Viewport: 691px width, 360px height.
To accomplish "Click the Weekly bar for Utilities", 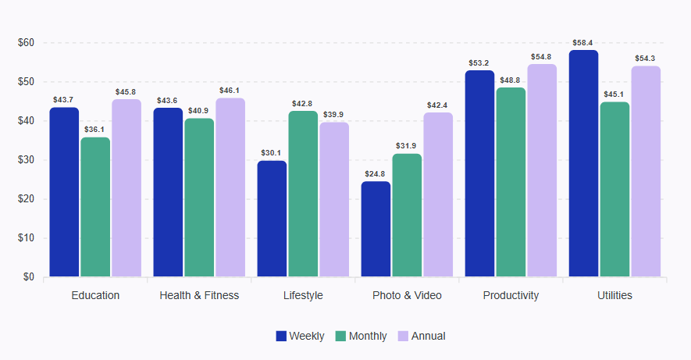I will pos(583,163).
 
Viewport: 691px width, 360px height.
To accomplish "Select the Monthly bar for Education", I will pos(95,207).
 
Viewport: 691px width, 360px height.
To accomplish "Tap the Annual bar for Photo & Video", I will pos(438,194).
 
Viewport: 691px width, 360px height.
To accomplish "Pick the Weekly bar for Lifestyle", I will pos(272,219).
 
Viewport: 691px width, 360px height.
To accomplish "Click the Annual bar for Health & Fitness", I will pos(230,187).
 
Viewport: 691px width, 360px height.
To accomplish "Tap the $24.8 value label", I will pos(376,174).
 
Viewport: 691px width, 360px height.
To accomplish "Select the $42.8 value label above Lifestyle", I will pos(303,104).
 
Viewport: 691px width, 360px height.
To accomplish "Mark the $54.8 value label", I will pos(542,57).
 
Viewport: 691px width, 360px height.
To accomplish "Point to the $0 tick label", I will pos(28,277).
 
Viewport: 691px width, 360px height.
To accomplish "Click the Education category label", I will pos(95,295).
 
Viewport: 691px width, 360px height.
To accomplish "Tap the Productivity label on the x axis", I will pos(511,295).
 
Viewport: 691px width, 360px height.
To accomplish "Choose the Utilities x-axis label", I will pos(614,295).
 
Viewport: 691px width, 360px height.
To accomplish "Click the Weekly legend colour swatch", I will pos(281,336).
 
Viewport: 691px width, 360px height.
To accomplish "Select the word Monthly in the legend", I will pos(368,336).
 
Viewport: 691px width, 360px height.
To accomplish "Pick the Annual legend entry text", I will pos(429,336).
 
